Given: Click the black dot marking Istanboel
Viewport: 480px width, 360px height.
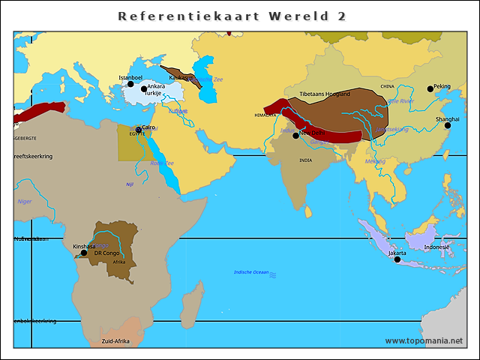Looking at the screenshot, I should pos(130,84).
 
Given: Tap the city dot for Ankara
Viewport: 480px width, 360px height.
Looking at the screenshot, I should pos(144,88).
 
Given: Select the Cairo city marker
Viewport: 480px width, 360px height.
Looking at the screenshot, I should pos(138,129).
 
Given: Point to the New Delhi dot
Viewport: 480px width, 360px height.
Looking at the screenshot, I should pos(295,135).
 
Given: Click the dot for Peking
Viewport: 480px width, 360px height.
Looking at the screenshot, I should pos(430,88).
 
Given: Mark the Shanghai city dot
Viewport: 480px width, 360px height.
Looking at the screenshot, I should pos(448,125).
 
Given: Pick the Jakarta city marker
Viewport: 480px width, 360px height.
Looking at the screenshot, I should pos(397,259).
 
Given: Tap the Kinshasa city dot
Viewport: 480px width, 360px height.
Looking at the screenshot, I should pos(83,253).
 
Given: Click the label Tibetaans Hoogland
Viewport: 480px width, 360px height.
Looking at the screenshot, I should pos(325,94).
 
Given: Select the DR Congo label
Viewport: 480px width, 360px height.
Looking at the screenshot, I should pos(106,253).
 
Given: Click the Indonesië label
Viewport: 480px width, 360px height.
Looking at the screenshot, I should pos(436,247).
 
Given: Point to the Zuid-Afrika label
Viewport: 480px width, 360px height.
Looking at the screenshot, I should pos(115,341).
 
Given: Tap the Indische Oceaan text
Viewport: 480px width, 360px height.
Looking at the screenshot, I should pos(251,272).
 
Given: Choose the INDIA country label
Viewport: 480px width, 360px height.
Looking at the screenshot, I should pos(305,160).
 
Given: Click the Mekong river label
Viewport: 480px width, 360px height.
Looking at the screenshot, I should pos(375,161).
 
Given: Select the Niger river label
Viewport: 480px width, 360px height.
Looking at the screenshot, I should pos(25,201).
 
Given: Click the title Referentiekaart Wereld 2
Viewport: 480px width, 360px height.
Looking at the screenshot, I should pos(232,16).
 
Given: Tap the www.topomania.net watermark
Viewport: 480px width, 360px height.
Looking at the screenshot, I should pos(424,340).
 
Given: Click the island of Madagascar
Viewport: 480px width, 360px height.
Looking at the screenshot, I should pos(193,309).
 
